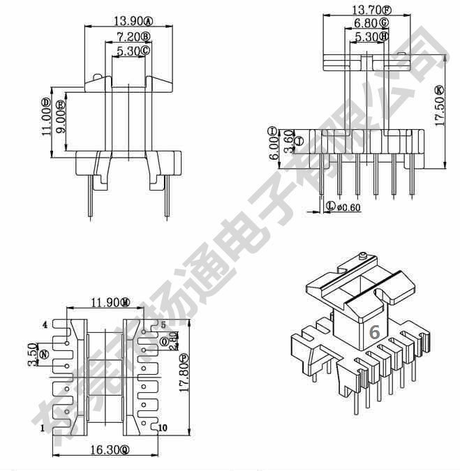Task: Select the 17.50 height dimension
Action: click(439, 110)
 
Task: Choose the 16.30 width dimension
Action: click(103, 451)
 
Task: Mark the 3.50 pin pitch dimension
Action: click(32, 352)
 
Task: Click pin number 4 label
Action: click(45, 324)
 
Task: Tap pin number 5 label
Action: click(163, 324)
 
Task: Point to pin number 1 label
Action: click(43, 427)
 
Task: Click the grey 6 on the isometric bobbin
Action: click(374, 332)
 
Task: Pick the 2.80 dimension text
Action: click(174, 340)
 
